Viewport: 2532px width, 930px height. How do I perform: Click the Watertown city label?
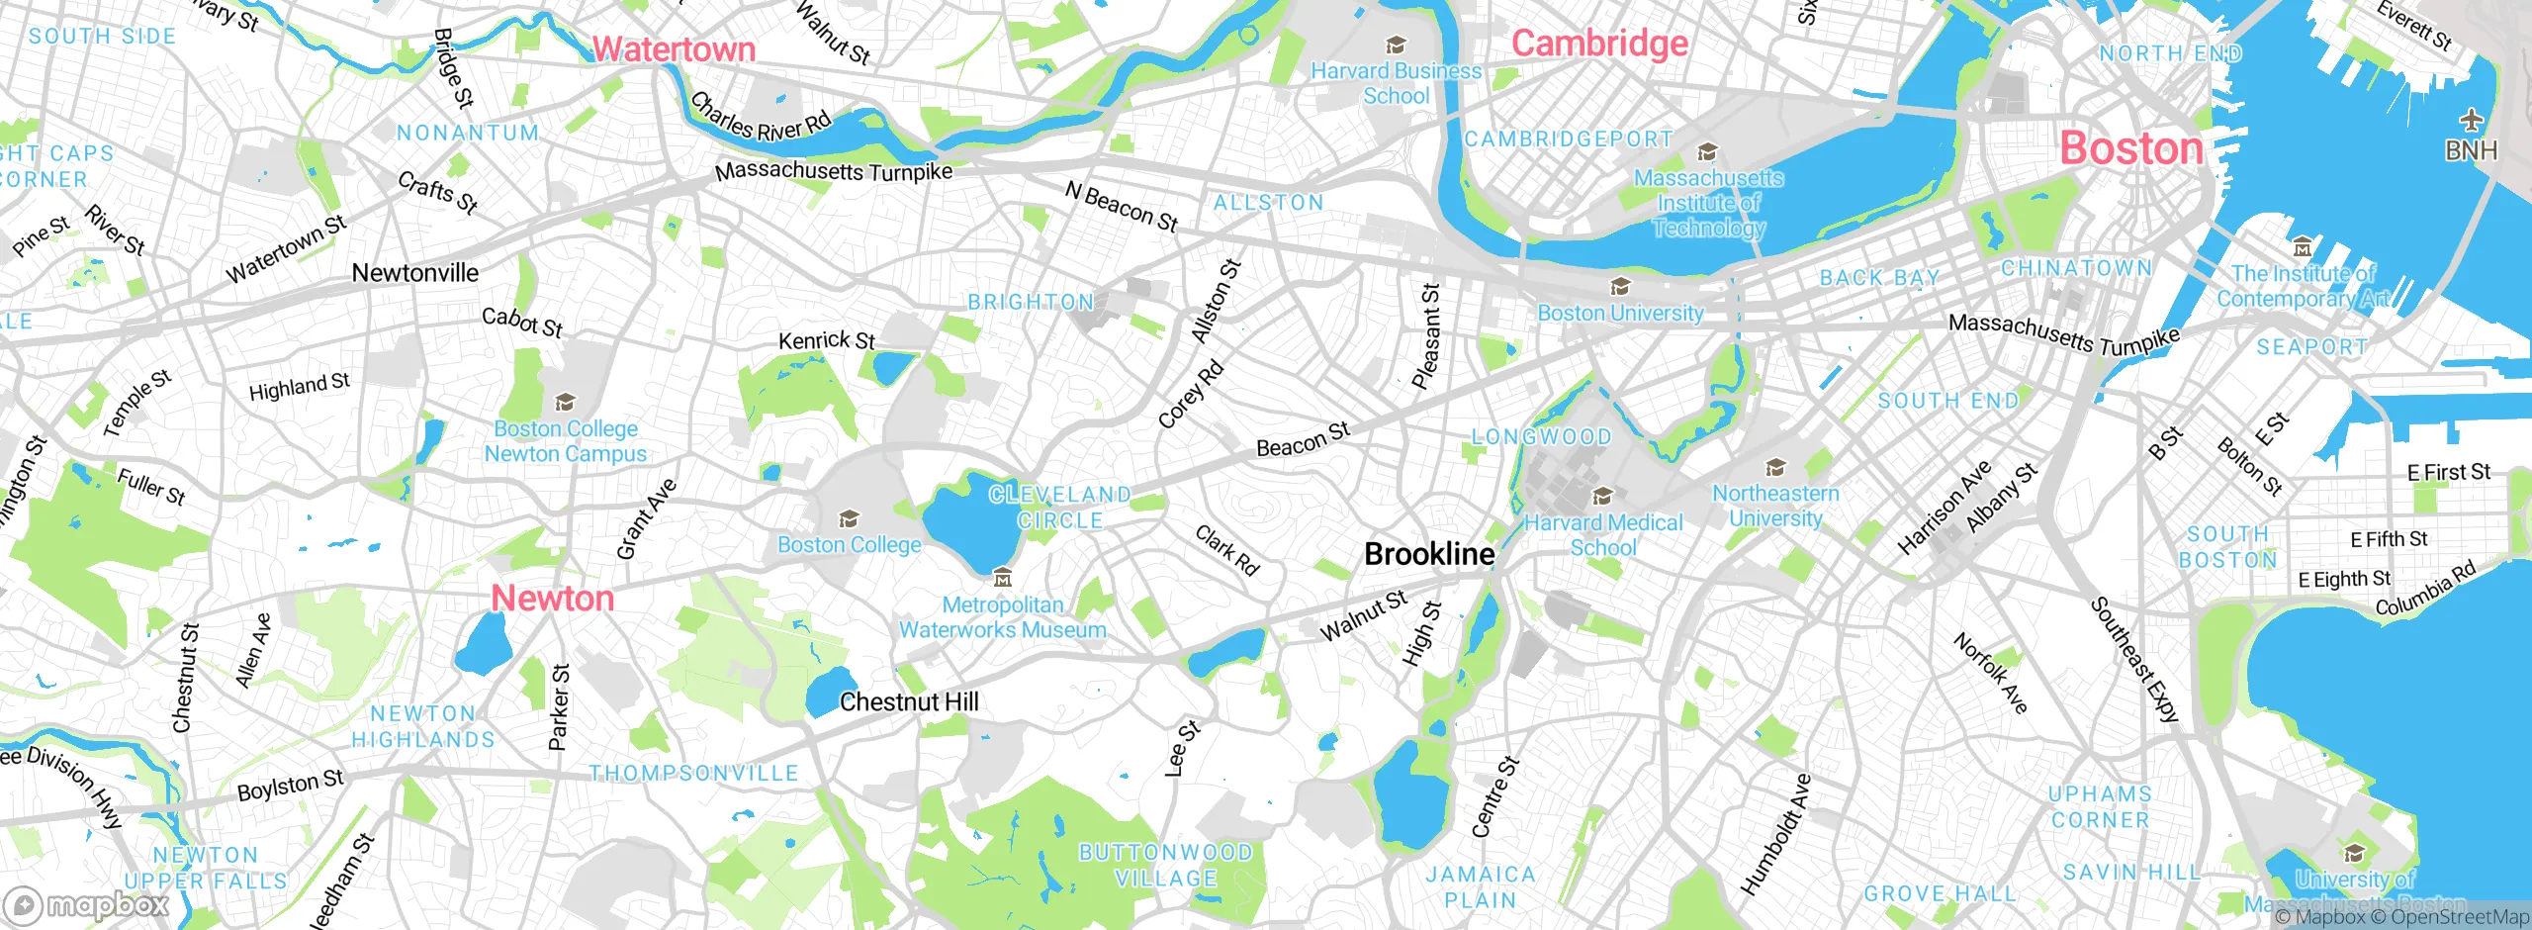click(674, 49)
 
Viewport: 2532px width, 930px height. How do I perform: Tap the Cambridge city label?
click(1599, 44)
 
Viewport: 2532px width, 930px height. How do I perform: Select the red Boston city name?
click(2131, 149)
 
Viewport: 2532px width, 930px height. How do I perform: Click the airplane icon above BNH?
click(2471, 121)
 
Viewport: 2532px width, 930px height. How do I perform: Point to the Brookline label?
click(1429, 554)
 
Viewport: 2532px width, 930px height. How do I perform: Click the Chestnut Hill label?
click(909, 702)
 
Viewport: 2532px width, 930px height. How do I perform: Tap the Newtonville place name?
click(415, 273)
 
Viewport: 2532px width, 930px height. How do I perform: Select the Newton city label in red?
click(553, 599)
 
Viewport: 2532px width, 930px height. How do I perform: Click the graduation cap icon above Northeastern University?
click(1775, 467)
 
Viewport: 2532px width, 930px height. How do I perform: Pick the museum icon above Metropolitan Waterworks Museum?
click(1002, 577)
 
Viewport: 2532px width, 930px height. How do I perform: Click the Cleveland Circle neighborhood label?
click(1059, 508)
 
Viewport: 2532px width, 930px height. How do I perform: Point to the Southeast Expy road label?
click(2134, 660)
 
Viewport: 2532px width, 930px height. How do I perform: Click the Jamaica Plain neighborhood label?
click(1481, 887)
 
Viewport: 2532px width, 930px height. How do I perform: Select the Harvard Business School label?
click(1396, 84)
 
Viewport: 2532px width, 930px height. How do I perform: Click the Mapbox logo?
click(87, 905)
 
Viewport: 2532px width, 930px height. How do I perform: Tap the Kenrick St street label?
click(827, 341)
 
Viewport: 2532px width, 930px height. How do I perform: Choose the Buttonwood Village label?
click(1165, 866)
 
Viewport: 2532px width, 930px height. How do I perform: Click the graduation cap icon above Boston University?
click(1620, 287)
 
